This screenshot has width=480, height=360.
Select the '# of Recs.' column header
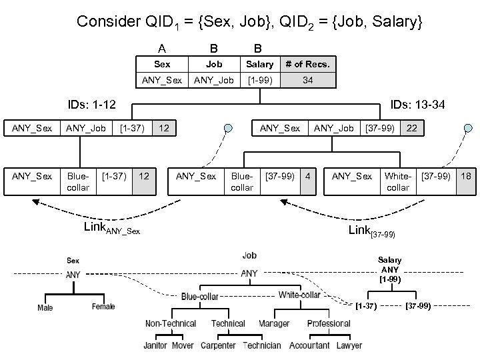click(307, 64)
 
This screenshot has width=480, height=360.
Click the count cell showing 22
click(412, 127)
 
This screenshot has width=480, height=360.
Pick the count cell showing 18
click(466, 176)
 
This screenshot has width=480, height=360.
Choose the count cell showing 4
click(307, 176)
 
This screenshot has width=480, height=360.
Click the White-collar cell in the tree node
click(398, 181)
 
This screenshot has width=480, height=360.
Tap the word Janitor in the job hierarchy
click(156, 345)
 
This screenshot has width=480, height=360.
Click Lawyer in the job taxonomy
click(349, 345)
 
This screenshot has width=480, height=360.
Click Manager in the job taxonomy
click(275, 323)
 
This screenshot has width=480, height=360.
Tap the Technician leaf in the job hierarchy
click(262, 345)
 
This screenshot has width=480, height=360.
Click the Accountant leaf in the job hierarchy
click(309, 345)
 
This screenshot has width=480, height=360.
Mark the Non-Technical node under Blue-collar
click(171, 323)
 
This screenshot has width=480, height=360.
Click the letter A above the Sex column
click(161, 48)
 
